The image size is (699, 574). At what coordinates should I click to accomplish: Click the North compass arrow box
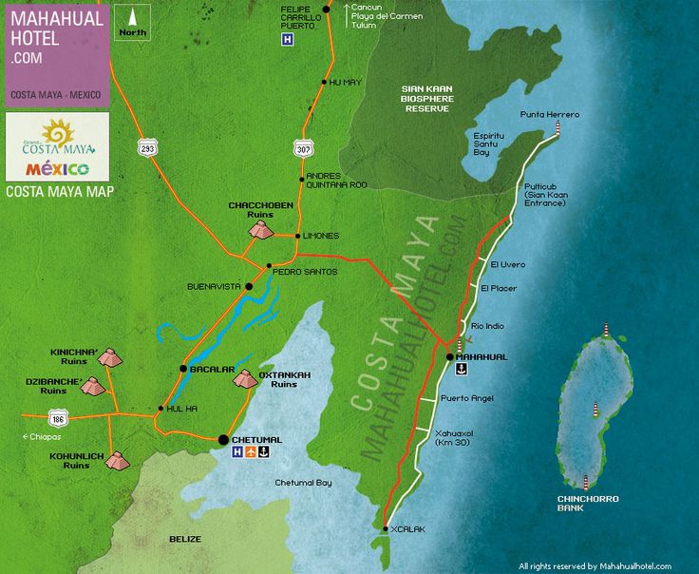pos(133,21)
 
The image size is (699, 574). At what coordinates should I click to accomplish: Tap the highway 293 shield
pos(147,147)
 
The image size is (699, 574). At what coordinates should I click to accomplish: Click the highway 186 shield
pos(58,417)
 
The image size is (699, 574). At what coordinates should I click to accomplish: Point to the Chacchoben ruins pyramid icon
pos(260,230)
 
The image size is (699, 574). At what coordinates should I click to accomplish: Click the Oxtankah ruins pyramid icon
pos(244,378)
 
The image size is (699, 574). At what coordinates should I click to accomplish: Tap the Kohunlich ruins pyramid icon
pos(117,461)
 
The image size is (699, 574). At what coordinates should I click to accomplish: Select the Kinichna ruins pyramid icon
pos(110,357)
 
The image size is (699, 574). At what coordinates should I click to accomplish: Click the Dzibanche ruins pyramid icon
pos(93,386)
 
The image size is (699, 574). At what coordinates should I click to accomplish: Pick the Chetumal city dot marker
pos(223,439)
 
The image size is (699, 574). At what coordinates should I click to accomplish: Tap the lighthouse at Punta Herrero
pos(557,127)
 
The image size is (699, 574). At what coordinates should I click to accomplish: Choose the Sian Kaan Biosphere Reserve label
pos(428,98)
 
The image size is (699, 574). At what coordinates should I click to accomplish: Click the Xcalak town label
pos(403,529)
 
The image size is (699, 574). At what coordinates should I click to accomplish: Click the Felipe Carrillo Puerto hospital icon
pos(286,40)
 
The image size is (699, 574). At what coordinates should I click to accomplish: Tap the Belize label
pos(184,539)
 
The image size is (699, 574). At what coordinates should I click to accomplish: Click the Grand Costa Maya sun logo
pos(58,133)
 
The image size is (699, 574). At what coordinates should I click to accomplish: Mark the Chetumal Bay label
pos(303,483)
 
